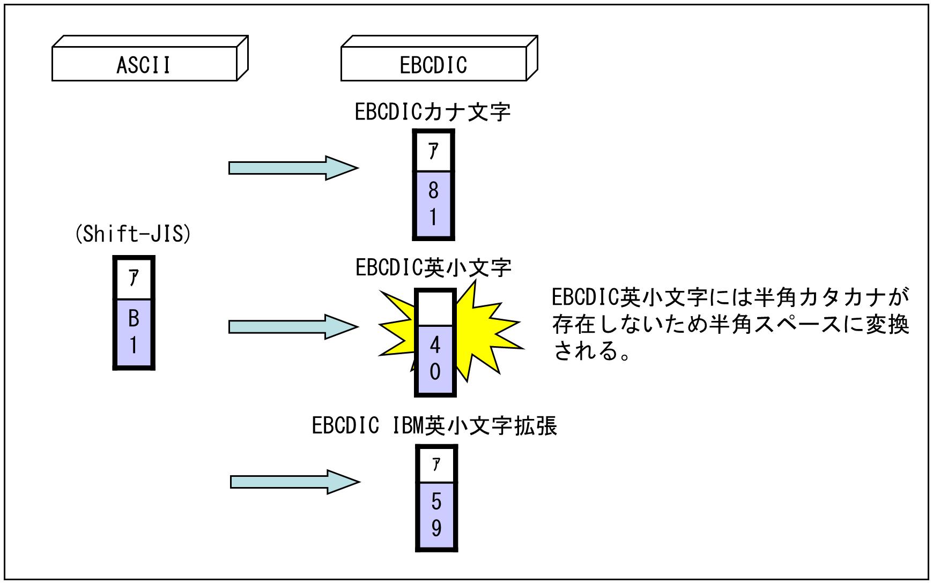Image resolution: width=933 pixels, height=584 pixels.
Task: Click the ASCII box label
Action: pos(144,65)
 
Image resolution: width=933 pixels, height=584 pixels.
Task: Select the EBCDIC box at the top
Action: pos(433,65)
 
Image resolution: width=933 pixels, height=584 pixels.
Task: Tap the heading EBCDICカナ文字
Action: pos(433,113)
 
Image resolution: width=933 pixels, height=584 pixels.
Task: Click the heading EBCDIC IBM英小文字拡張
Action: pos(434,426)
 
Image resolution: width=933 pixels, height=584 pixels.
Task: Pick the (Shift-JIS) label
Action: pos(132,235)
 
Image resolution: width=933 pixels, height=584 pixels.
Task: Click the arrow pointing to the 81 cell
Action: pos(292,168)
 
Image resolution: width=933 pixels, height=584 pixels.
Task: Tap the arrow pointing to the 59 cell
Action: pos(294,482)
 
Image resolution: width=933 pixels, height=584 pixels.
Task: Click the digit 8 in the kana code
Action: pos(433,191)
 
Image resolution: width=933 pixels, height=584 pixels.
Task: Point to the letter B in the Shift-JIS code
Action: pos(134,319)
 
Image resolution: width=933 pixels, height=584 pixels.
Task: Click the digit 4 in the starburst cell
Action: pos(435,346)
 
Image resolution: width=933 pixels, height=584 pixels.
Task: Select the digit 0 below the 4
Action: pos(435,372)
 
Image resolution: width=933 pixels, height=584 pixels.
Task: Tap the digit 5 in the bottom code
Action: pos(436,502)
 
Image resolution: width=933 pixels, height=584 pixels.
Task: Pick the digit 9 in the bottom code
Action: pos(436,528)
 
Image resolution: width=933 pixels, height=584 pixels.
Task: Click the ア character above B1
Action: pos(134,278)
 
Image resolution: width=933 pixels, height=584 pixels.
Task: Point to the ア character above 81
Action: pos(433,152)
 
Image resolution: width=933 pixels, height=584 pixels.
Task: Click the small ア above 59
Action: pos(436,465)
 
